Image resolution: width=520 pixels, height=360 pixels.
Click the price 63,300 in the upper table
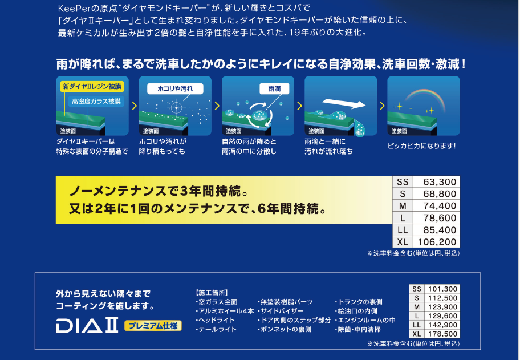point(440,182)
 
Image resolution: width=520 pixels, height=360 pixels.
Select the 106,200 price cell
point(437,242)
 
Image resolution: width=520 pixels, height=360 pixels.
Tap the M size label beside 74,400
point(403,206)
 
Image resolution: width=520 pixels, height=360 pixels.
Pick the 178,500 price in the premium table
point(442,334)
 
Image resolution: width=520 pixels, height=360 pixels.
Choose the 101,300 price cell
point(442,289)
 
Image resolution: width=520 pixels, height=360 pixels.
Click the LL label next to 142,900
point(417,325)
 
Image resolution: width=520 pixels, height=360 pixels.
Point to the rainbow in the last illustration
point(425,96)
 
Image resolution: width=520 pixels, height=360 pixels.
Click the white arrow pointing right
point(344,103)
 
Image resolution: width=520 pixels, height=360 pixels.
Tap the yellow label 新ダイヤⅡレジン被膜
point(92,86)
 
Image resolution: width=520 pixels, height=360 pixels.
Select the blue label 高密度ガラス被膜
point(96,101)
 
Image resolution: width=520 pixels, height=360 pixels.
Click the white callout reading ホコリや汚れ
point(175,88)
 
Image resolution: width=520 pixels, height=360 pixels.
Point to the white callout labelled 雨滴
point(274,88)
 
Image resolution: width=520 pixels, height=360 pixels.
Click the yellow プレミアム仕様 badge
point(153,326)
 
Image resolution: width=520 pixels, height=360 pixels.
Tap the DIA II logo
point(87,325)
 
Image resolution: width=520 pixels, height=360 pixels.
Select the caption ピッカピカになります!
point(421,146)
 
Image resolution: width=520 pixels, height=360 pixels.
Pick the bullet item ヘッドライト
point(215,320)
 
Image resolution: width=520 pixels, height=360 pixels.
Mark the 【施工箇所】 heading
point(212,293)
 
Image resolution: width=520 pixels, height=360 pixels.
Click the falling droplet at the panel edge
point(359,128)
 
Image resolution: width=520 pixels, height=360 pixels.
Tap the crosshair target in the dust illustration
point(176,107)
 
